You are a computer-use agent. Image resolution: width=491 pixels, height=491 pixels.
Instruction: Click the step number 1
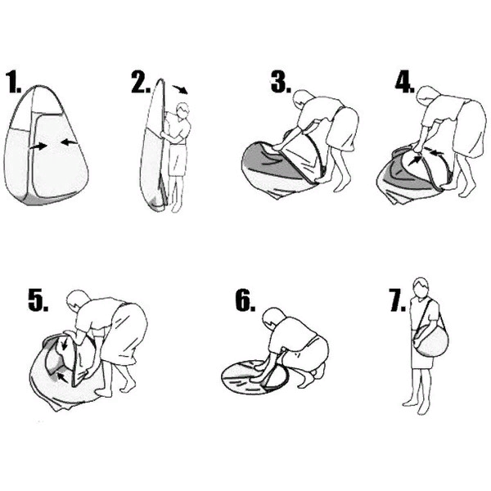pos(13,83)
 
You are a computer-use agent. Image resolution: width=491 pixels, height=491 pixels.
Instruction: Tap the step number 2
pos(141,82)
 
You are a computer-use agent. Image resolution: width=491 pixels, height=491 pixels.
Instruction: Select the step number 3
pos(281,82)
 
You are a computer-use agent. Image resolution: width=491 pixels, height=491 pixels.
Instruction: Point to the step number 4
pos(405,83)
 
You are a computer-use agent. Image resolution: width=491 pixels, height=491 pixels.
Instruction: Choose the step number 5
pos(38,300)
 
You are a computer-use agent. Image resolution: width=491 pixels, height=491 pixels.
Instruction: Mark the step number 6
pos(245,300)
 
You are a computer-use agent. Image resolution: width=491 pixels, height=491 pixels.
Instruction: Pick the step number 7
pos(397,300)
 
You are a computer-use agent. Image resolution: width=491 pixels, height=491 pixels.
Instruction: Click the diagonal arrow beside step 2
pos(180,89)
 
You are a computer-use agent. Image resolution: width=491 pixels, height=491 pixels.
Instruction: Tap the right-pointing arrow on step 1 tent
pos(38,146)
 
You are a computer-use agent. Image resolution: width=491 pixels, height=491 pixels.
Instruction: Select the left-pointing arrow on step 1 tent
pos(70,142)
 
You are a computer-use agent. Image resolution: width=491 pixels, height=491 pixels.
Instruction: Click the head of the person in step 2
pos(182,110)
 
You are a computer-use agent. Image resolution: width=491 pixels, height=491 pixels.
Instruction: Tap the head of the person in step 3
pos(301,99)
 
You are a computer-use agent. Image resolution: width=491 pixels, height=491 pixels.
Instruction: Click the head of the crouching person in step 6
pos(273,317)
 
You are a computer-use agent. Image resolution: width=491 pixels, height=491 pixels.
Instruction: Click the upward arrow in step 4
pos(415,160)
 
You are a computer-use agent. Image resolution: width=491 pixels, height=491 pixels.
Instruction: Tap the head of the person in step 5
pos(78,300)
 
